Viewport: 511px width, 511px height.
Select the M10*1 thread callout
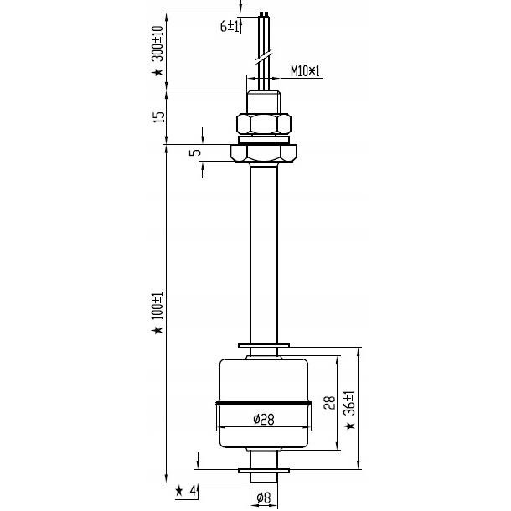(x=306, y=71)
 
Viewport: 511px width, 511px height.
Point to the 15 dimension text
(x=157, y=115)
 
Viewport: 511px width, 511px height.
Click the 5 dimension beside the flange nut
(x=195, y=153)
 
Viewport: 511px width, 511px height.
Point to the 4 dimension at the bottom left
(x=194, y=491)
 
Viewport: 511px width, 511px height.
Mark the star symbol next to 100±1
(x=157, y=333)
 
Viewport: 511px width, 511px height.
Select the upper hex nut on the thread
(x=264, y=125)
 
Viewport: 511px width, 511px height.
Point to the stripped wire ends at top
(x=265, y=14)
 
